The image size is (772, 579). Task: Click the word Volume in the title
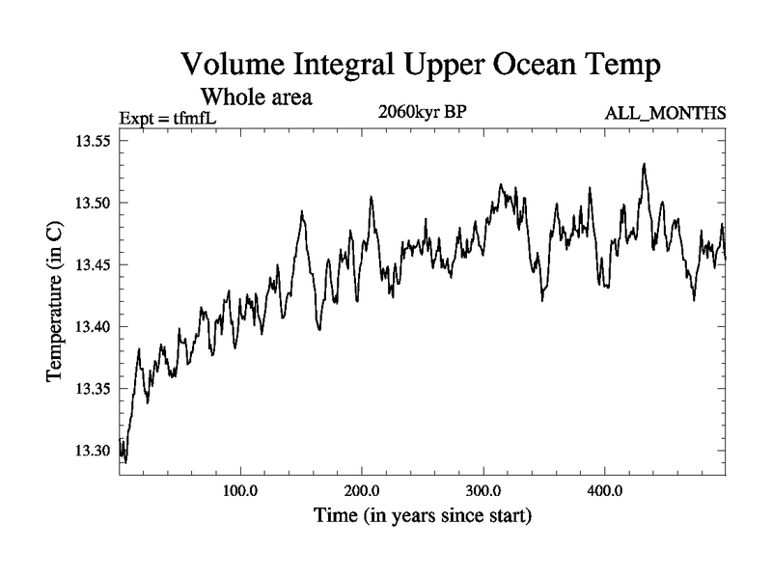236,67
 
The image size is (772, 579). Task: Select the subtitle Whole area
256,97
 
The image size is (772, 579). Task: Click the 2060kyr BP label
424,111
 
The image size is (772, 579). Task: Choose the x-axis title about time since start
423,516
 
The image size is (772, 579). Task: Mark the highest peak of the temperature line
644,165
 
